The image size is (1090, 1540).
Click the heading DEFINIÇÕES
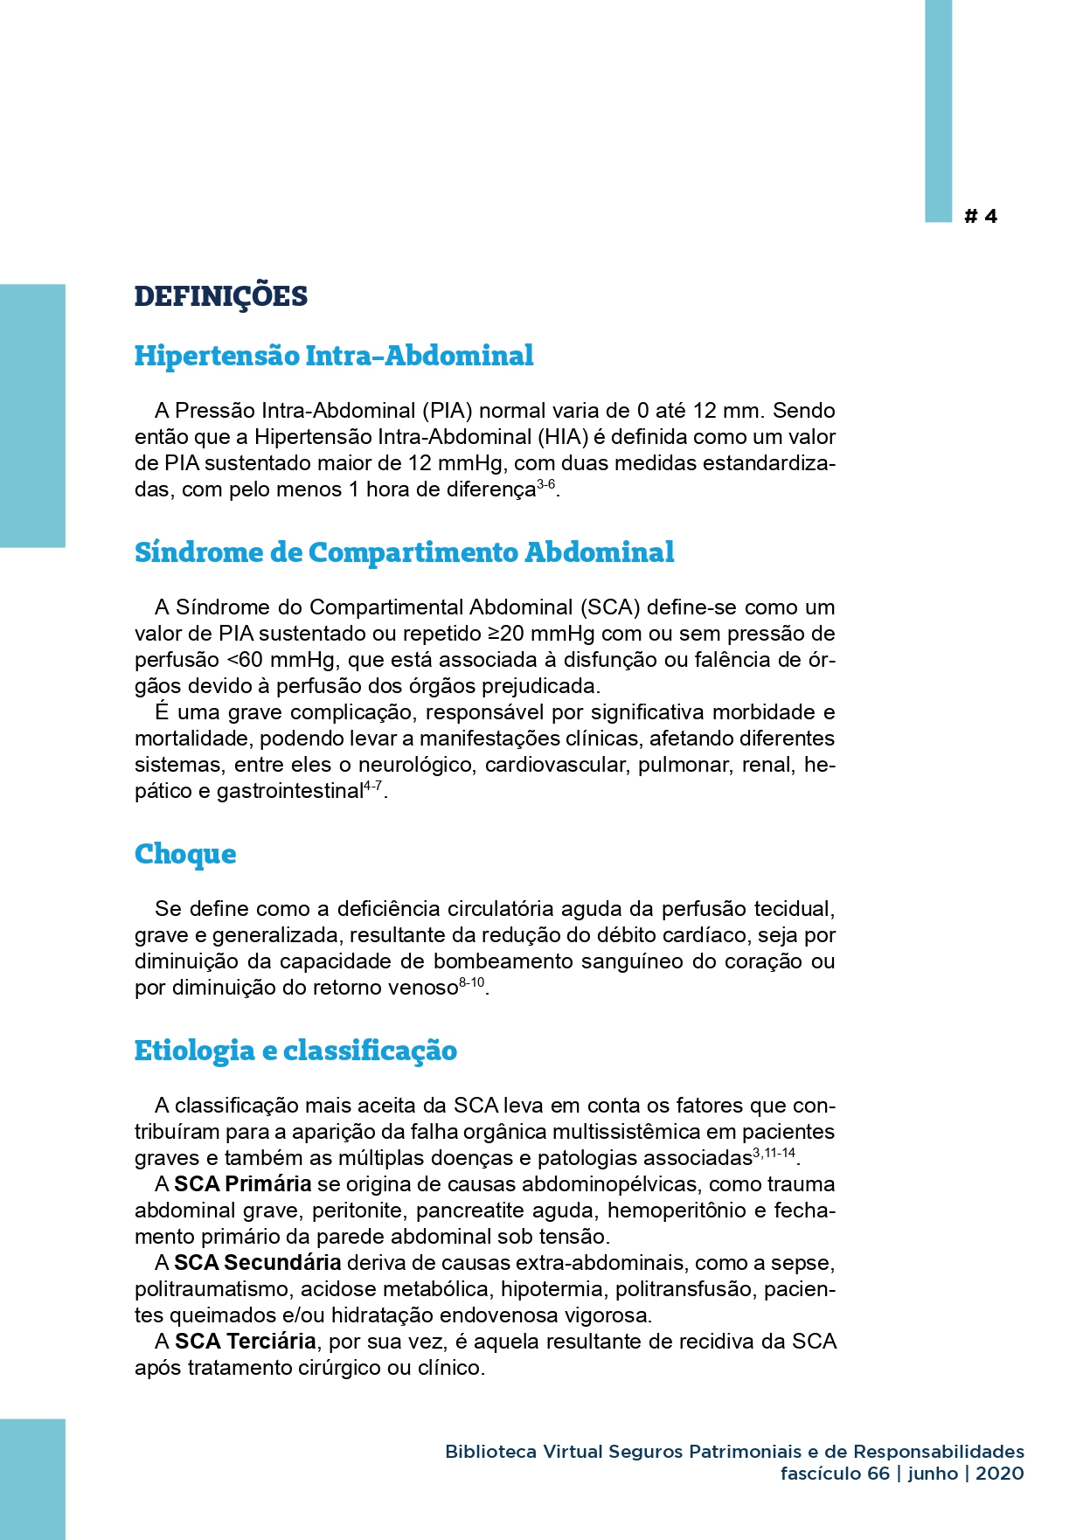(220, 296)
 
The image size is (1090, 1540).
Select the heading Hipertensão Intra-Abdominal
(333, 356)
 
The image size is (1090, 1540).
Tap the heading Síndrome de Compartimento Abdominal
(404, 552)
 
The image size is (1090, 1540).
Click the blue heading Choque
(185, 854)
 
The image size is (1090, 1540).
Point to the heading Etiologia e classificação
(295, 1051)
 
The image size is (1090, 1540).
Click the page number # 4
(980, 217)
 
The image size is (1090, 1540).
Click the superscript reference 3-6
(545, 484)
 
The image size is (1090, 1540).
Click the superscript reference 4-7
(372, 787)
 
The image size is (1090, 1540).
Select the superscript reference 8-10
(471, 983)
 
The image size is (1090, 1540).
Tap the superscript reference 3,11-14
(774, 1154)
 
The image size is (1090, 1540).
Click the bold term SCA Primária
(242, 1184)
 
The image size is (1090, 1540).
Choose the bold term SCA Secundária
(257, 1263)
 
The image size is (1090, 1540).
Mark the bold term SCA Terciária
(245, 1342)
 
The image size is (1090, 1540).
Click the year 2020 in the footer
(999, 1474)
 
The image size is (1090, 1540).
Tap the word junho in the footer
(933, 1474)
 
